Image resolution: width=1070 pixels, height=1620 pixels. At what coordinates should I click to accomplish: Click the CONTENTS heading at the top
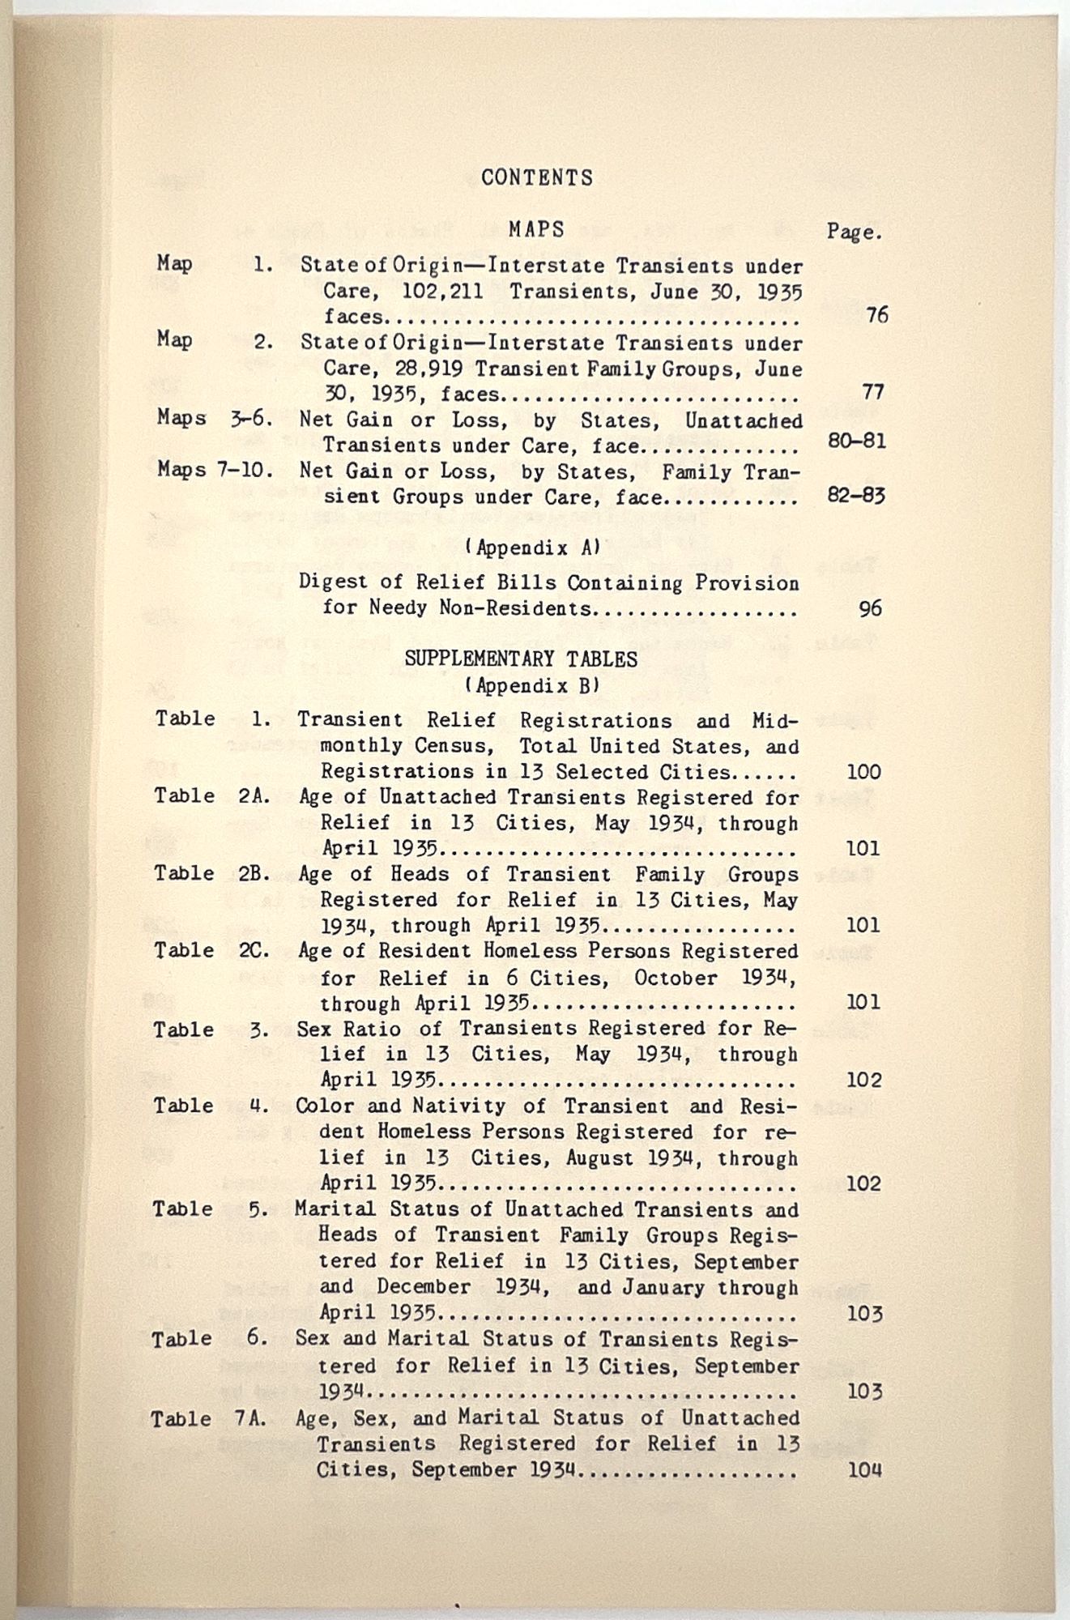click(x=536, y=177)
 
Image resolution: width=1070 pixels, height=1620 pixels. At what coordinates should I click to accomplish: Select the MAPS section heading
click(x=536, y=230)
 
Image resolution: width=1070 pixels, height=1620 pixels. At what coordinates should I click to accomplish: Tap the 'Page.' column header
click(x=854, y=232)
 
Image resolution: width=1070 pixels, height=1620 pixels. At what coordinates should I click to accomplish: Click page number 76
click(x=876, y=315)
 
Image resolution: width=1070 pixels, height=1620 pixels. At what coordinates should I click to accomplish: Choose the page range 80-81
click(x=857, y=441)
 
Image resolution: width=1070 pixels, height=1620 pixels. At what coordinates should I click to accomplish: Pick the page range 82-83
click(x=856, y=495)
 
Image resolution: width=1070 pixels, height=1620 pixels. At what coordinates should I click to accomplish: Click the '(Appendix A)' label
click(x=533, y=548)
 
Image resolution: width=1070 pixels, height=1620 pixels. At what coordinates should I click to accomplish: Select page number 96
click(x=869, y=607)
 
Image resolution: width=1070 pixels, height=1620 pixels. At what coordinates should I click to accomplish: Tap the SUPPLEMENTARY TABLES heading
click(x=521, y=659)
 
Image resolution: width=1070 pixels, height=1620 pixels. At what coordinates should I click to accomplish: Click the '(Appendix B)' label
click(x=532, y=686)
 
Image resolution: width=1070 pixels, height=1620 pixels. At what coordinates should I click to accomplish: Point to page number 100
click(x=863, y=772)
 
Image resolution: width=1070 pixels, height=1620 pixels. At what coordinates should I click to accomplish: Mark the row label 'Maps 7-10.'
click(x=215, y=470)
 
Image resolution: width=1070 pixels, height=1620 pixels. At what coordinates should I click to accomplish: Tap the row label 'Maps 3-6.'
click(x=215, y=419)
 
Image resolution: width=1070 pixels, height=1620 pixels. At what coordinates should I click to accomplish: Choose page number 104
click(x=864, y=1469)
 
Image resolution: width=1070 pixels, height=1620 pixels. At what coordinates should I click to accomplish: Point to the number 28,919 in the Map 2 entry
click(x=430, y=369)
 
